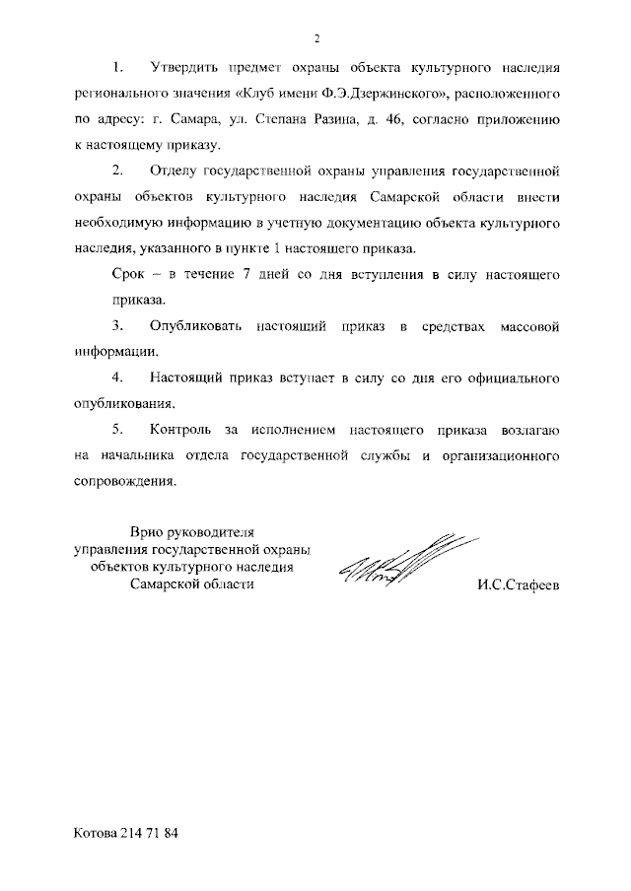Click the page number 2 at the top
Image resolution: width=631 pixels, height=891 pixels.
(317, 38)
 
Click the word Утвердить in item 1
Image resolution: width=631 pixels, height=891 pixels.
(182, 68)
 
